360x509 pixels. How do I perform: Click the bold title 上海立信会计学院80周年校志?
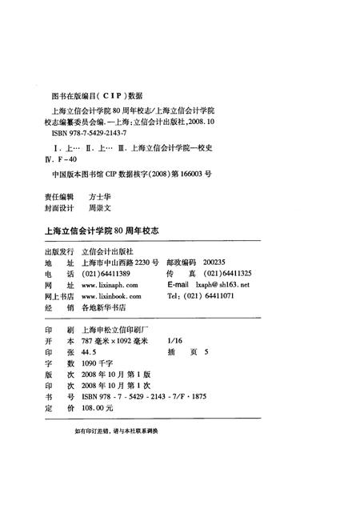coord(101,230)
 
